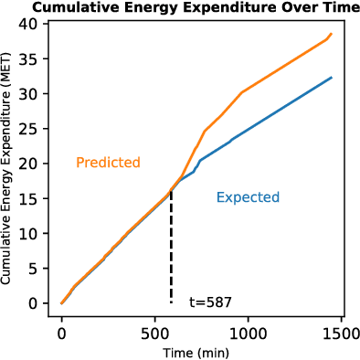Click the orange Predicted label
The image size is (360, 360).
point(108,163)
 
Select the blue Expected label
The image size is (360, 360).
point(248,197)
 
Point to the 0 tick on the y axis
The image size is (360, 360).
point(37,303)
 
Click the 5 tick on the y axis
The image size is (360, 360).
point(37,269)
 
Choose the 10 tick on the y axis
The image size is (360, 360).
point(33,233)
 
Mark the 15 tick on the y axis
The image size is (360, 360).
point(33,198)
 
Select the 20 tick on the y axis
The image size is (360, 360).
point(33,164)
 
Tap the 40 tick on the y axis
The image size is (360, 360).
point(33,24)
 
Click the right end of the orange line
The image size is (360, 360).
point(331,34)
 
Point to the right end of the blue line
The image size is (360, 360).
point(331,78)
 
